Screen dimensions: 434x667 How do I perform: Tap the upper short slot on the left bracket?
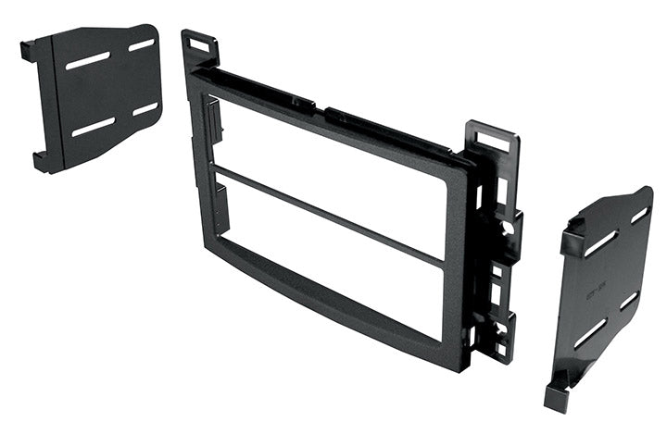point(141,44)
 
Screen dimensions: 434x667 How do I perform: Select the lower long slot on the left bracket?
point(93,127)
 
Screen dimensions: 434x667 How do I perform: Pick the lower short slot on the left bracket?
point(145,109)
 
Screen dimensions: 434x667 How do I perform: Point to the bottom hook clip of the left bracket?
point(43,161)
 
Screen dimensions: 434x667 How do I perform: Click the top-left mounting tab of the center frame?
point(199,45)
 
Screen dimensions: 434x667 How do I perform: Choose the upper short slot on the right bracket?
point(639,215)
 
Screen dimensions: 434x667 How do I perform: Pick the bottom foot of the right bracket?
point(557,395)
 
